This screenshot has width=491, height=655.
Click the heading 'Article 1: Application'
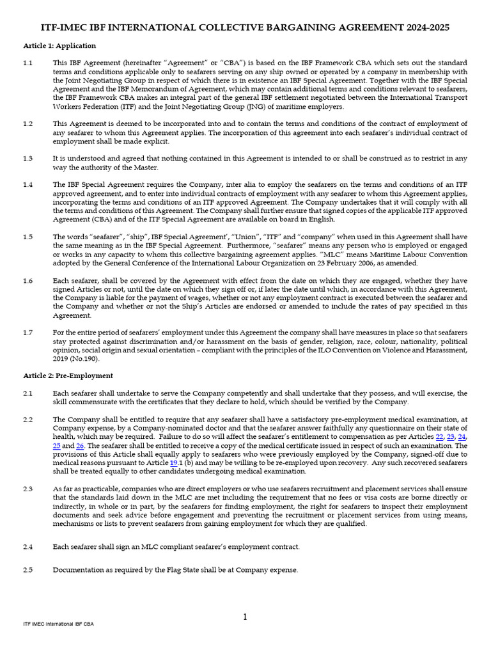(x=59, y=46)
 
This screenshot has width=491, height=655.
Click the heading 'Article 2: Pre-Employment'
(x=68, y=375)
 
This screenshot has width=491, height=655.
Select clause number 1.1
(x=27, y=63)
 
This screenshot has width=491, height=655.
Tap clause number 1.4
(x=27, y=184)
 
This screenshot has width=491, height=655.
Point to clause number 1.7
(x=27, y=333)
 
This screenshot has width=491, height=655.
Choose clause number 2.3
(x=27, y=489)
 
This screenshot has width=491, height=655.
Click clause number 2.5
(x=27, y=570)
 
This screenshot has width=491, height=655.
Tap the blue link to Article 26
(x=80, y=445)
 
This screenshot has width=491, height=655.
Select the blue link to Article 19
(x=174, y=462)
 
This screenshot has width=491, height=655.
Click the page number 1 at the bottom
(x=245, y=617)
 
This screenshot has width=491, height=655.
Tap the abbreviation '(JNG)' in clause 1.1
(x=250, y=107)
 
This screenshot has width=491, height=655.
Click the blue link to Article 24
(x=462, y=436)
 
